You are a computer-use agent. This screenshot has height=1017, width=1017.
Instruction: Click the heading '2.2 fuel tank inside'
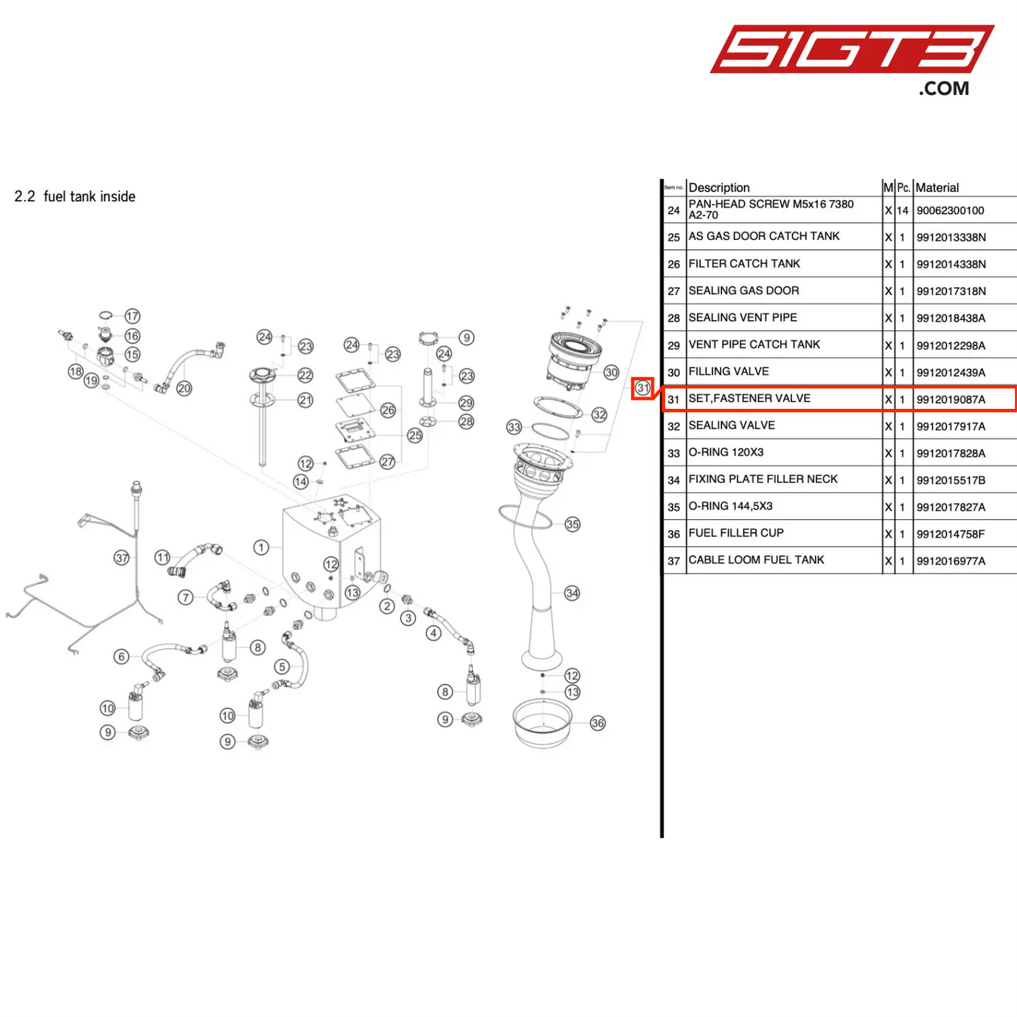75,196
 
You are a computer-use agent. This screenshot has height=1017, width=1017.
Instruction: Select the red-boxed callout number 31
643,388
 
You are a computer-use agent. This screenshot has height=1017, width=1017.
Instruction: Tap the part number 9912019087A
950,399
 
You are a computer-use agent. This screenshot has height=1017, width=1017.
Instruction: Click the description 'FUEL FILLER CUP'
735,533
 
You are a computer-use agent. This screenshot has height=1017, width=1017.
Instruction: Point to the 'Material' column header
937,187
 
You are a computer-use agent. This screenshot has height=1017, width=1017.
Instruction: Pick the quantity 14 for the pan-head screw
902,210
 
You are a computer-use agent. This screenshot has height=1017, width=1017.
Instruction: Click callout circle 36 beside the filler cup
598,723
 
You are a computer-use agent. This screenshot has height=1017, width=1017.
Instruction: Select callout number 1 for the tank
261,547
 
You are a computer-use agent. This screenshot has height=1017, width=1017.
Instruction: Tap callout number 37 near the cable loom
122,558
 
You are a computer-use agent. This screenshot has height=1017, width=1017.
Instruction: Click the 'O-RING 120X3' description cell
726,452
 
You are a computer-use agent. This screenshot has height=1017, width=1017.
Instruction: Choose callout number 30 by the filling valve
611,372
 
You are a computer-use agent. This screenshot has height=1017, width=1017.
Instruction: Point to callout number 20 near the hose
184,389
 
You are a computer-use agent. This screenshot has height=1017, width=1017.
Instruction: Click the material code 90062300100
949,210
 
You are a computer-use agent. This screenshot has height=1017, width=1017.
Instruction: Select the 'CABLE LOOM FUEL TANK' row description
756,560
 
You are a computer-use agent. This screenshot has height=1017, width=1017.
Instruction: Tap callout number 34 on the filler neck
572,593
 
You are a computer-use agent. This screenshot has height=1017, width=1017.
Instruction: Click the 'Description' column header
719,187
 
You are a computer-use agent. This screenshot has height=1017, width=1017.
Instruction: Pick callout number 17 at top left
132,316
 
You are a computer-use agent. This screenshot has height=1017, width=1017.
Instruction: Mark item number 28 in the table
674,318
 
